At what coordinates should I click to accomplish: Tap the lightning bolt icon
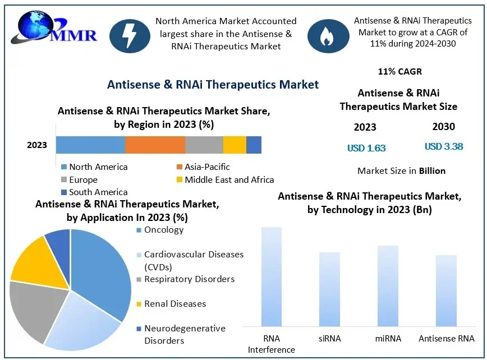tap(129, 34)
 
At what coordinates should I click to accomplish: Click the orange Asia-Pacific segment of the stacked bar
tap(155, 145)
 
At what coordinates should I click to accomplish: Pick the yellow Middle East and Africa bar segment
tap(235, 145)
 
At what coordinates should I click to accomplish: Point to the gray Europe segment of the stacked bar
tap(204, 145)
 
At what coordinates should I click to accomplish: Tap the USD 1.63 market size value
tap(366, 148)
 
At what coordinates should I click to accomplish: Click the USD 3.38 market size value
tap(444, 147)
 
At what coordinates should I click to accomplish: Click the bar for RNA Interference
tap(272, 276)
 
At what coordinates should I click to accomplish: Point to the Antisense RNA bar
tap(446, 290)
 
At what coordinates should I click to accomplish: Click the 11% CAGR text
tap(400, 72)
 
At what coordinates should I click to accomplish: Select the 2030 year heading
tap(443, 127)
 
